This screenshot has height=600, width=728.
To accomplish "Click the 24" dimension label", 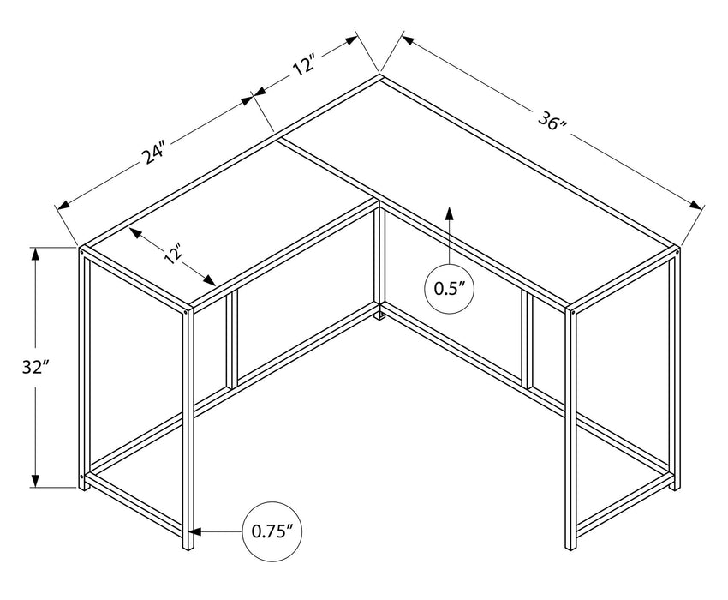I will (153, 154).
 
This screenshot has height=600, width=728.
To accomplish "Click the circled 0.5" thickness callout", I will (450, 288).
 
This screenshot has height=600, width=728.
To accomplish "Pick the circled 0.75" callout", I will (273, 531).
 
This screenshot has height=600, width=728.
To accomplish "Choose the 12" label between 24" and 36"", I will (305, 67).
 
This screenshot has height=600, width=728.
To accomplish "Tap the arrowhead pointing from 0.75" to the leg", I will (195, 531).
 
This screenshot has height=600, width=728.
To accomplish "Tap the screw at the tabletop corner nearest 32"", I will (82, 252).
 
